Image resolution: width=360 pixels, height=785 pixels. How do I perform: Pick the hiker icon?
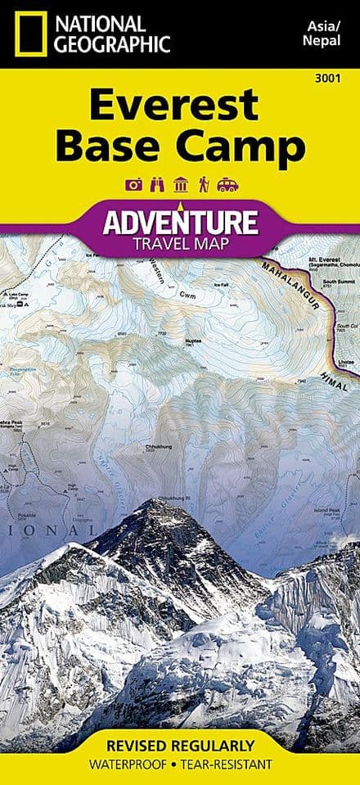click(204, 185)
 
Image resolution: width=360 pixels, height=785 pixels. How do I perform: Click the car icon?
click(227, 185)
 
